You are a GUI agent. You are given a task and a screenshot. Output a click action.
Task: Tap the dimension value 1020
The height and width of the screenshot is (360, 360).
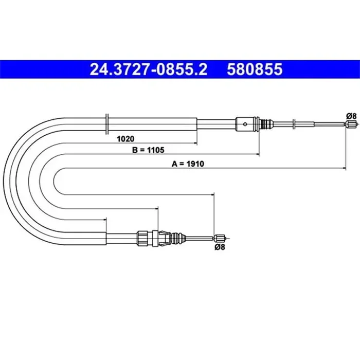coord(125,138)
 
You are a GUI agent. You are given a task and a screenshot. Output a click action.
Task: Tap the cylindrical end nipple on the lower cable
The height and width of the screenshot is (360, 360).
coord(220,238)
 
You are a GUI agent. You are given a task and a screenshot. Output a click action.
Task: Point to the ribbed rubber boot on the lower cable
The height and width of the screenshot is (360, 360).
coord(178,238)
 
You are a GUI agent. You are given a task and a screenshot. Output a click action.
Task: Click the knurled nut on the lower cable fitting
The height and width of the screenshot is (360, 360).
coord(141,238)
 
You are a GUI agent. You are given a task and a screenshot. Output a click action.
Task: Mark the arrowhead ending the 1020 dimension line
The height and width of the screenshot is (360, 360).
coord(195,142)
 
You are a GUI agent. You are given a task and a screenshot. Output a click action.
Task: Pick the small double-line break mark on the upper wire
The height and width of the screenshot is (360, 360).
coord(293,123)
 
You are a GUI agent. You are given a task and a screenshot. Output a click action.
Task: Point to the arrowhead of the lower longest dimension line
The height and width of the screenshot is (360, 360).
coord(211,194)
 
